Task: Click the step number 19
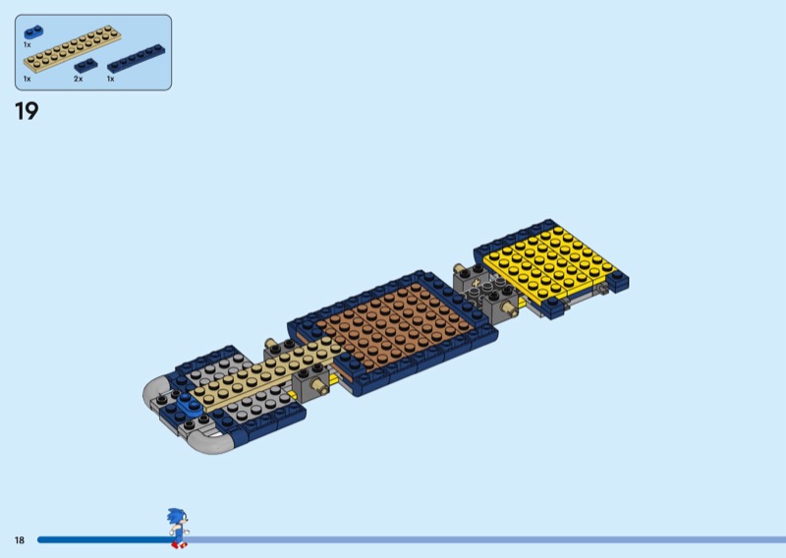(27, 111)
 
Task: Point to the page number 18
(20, 540)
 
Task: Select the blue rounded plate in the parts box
(33, 32)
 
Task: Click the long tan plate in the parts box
(72, 49)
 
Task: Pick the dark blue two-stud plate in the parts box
(85, 65)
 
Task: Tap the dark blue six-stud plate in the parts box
(136, 59)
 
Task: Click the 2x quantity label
(79, 80)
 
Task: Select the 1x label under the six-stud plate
(111, 80)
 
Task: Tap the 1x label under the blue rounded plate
(28, 45)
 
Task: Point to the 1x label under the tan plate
(28, 80)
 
